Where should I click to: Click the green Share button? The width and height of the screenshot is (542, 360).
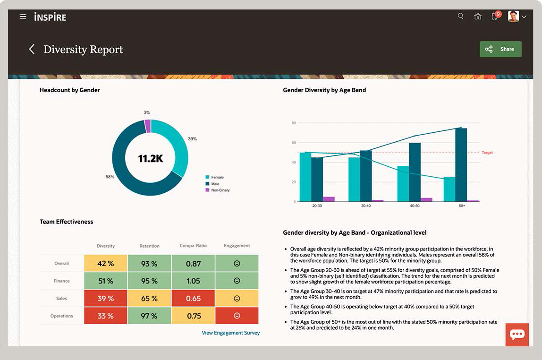(x=500, y=49)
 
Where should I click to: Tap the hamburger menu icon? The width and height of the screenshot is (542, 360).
(x=23, y=17)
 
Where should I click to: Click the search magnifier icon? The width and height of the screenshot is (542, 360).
(x=461, y=17)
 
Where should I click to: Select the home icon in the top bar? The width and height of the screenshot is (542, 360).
(x=478, y=17)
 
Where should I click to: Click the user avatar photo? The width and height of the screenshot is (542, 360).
(x=513, y=17)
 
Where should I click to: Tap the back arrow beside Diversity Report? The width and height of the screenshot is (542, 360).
(x=32, y=49)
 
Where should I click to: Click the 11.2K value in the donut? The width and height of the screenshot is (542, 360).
(x=150, y=159)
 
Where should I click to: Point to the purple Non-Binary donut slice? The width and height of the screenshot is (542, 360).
(x=148, y=126)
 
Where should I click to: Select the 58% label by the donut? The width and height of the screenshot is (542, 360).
(x=110, y=177)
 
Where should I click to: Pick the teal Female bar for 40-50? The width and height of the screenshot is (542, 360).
(x=403, y=184)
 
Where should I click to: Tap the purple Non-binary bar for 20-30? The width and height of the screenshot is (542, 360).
(x=329, y=199)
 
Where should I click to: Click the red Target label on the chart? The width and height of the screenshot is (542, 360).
(x=487, y=153)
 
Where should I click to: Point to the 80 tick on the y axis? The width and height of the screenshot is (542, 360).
(x=293, y=123)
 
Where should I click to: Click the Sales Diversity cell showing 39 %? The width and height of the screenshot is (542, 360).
(x=106, y=299)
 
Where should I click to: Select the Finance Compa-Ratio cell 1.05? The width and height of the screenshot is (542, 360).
(x=193, y=281)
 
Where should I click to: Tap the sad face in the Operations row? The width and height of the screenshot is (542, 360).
(x=237, y=316)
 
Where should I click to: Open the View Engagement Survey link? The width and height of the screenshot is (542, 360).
(x=230, y=333)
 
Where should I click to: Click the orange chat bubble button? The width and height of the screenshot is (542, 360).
(x=517, y=334)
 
